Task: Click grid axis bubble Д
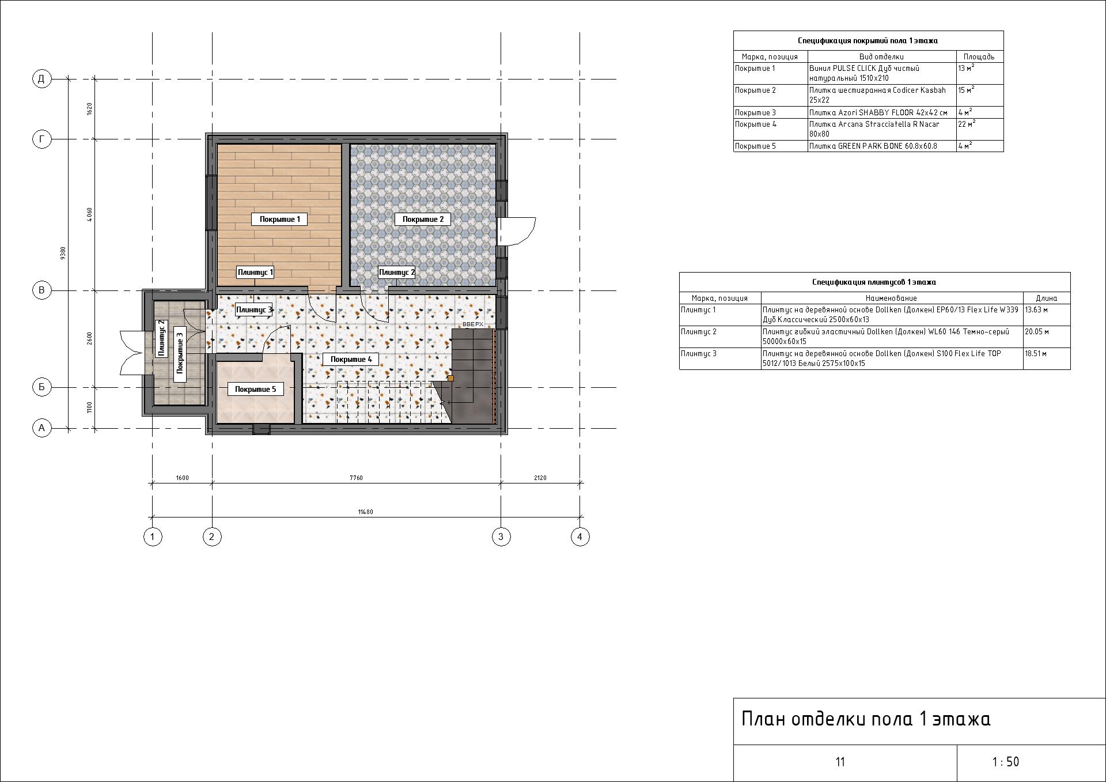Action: [x=41, y=79]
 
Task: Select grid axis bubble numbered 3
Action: [x=501, y=537]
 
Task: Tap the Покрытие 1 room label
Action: [x=279, y=219]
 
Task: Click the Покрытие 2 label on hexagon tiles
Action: [x=423, y=219]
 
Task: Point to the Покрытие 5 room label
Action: [x=255, y=389]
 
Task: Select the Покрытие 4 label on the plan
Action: [x=351, y=359]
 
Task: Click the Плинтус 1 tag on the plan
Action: [x=255, y=272]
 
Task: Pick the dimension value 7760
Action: [x=356, y=478]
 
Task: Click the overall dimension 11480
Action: [x=365, y=512]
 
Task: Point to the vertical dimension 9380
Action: [x=63, y=252]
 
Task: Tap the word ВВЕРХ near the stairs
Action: [x=473, y=324]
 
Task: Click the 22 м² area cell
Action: [x=965, y=124]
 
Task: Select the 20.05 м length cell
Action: [x=1036, y=332]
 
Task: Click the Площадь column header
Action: [x=979, y=56]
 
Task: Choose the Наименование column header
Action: [x=891, y=298]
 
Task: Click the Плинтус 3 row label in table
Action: [x=699, y=353]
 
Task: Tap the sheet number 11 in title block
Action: [x=840, y=762]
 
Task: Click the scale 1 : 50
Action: [x=1005, y=762]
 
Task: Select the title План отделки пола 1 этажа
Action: [x=865, y=719]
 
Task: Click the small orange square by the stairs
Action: [x=450, y=379]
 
